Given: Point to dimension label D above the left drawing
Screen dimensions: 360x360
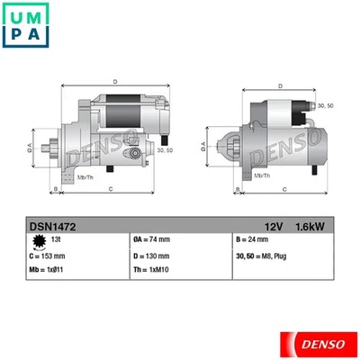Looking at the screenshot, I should click(114, 83).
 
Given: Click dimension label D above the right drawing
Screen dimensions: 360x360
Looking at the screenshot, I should click(281, 85).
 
